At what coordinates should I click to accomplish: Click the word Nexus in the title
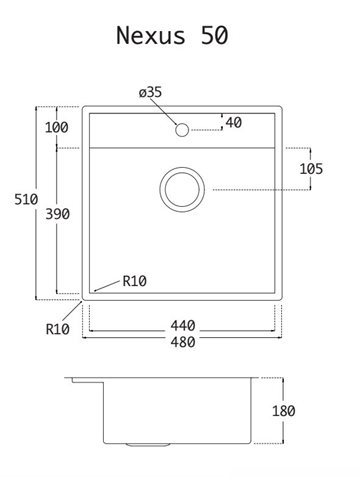click(x=150, y=35)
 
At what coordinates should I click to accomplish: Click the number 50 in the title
click(x=214, y=35)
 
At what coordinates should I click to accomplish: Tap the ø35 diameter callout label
click(x=150, y=92)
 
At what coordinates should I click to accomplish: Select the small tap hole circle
click(x=182, y=130)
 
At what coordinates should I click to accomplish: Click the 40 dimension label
click(x=234, y=123)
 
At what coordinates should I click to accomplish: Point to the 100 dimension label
click(x=57, y=127)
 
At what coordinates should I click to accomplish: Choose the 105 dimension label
click(x=311, y=169)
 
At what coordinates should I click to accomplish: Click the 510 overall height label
click(x=26, y=199)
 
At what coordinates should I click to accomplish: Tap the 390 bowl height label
click(x=57, y=214)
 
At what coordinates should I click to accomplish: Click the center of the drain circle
click(x=182, y=189)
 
